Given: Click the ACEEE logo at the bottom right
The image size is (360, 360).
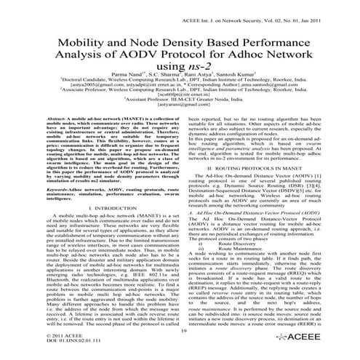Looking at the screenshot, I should click(319, 344).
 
